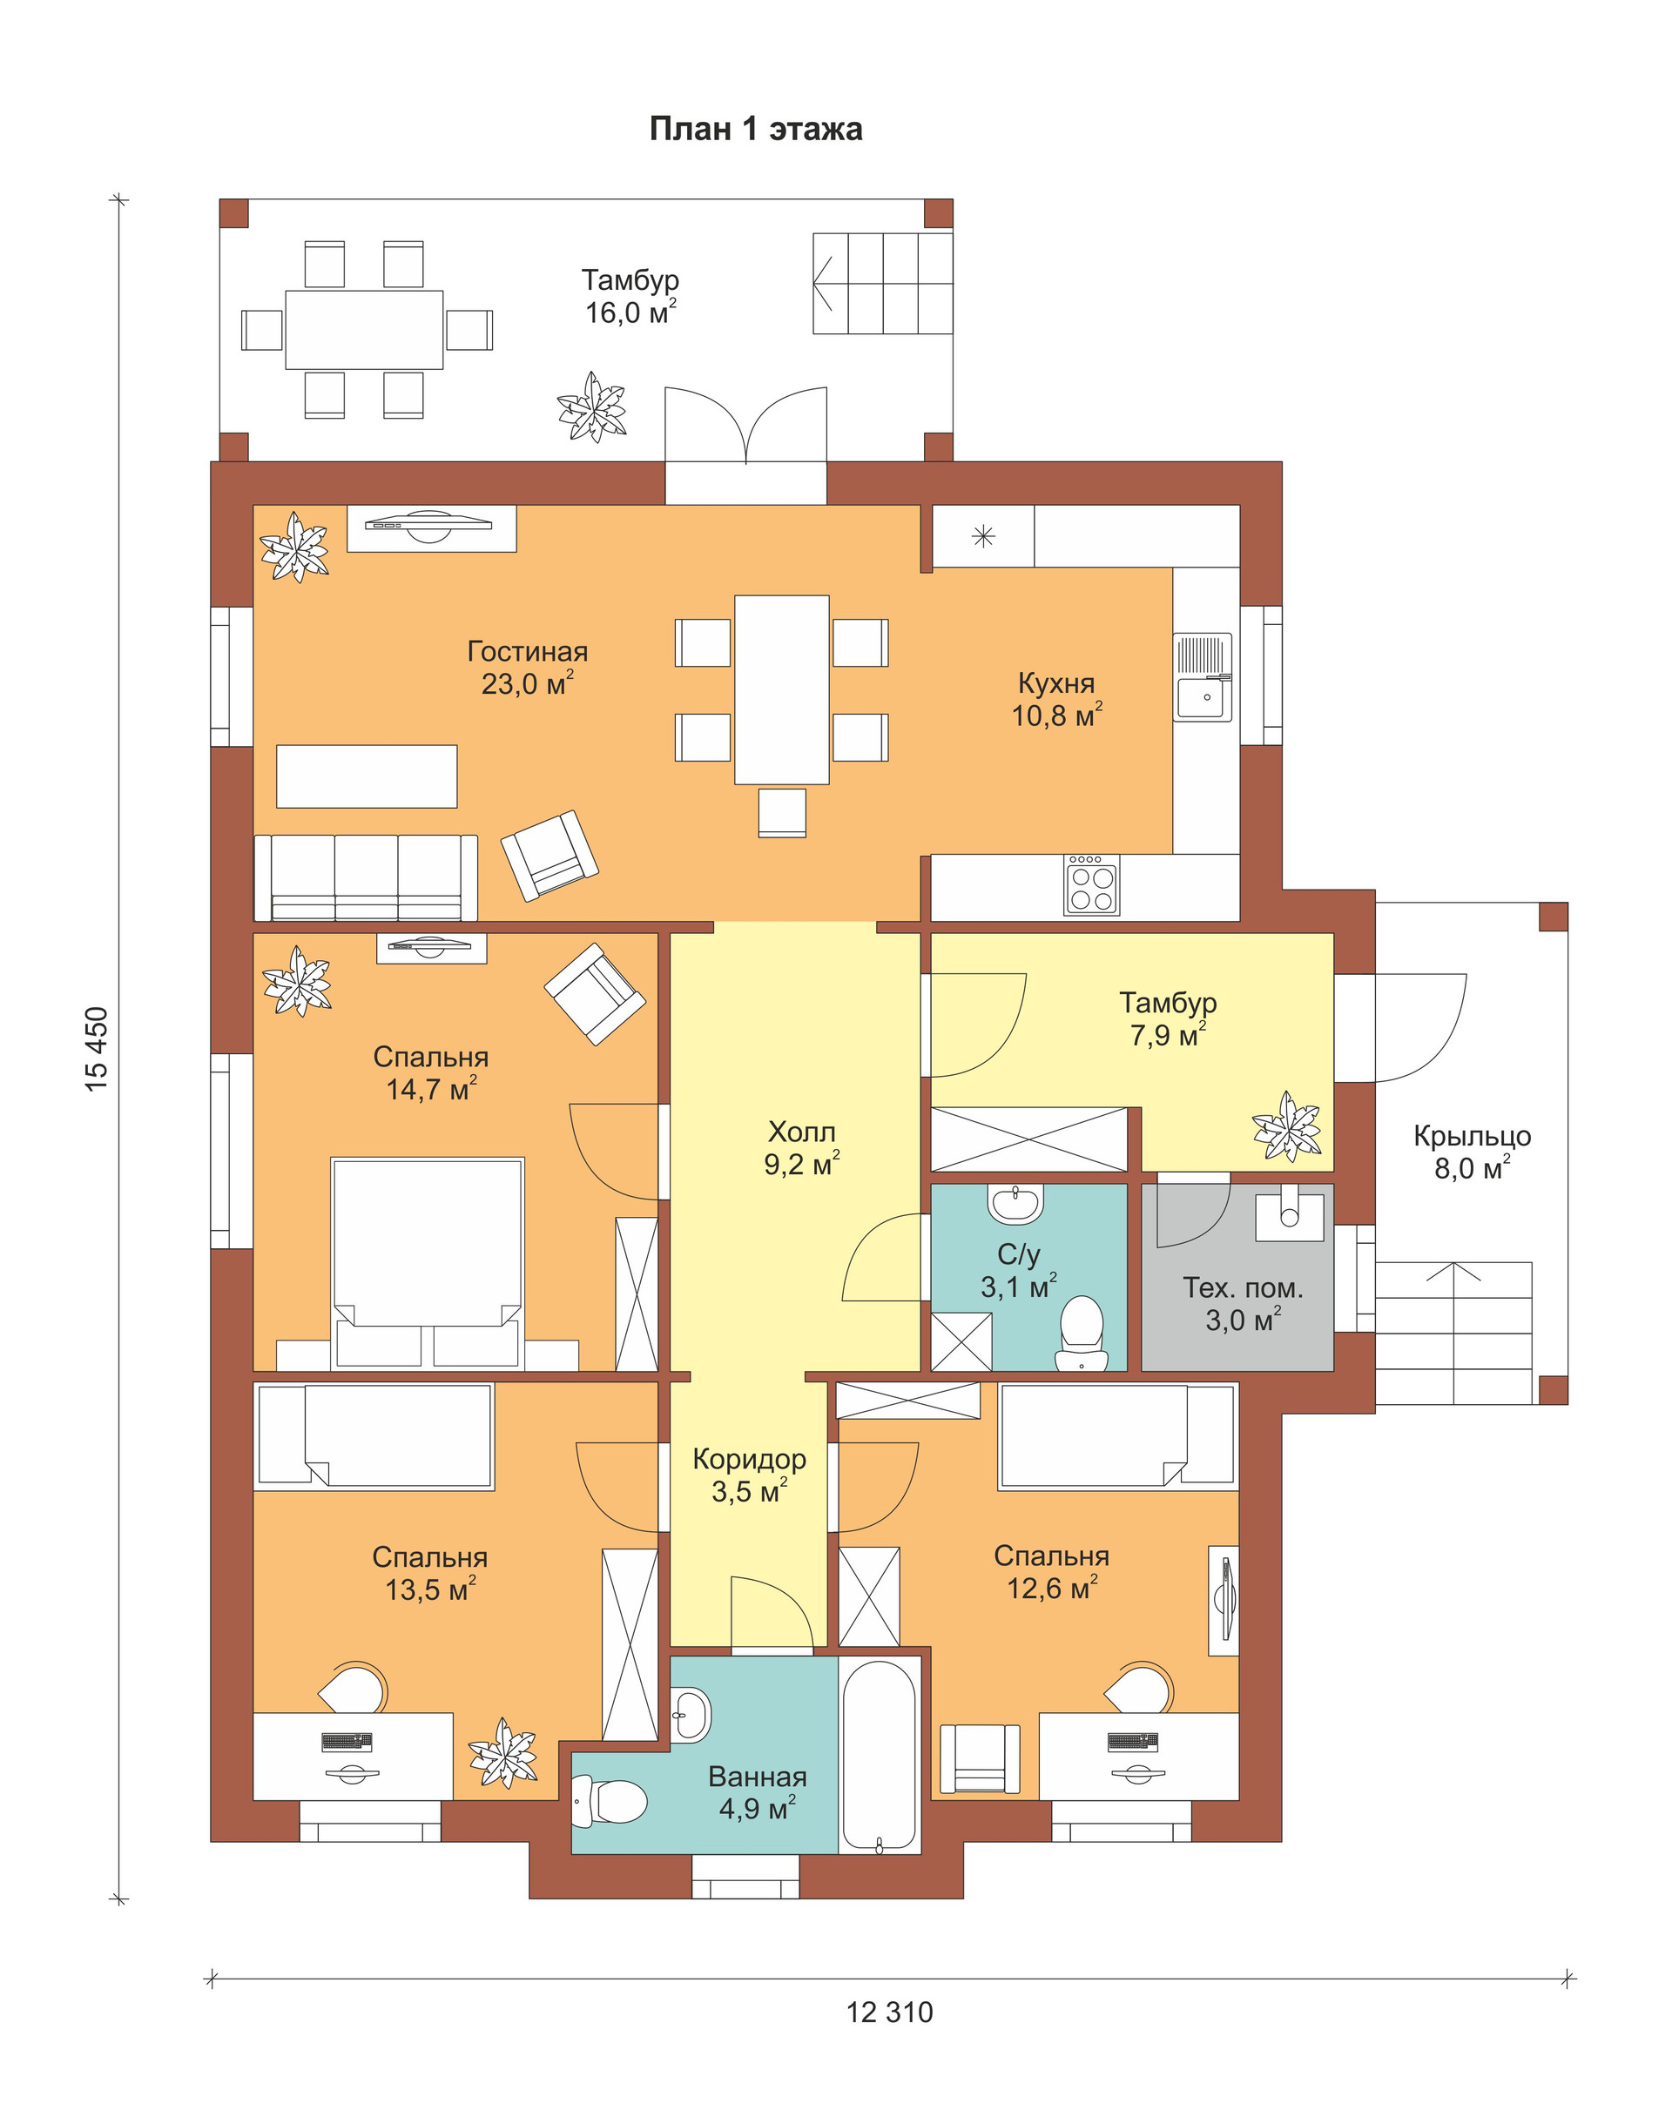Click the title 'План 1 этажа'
click(x=756, y=129)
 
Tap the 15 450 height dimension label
click(x=97, y=1049)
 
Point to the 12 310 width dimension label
click(x=890, y=2013)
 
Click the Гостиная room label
click(x=528, y=651)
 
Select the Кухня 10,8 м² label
click(x=1056, y=699)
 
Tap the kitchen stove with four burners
click(x=1091, y=885)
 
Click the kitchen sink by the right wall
click(x=1203, y=677)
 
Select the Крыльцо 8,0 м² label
click(x=1473, y=1152)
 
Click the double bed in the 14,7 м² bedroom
click(x=427, y=1263)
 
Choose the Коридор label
click(x=750, y=1459)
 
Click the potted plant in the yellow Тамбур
click(x=1287, y=1126)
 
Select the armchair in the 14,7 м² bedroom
click(x=595, y=993)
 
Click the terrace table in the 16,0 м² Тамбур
click(x=364, y=329)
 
